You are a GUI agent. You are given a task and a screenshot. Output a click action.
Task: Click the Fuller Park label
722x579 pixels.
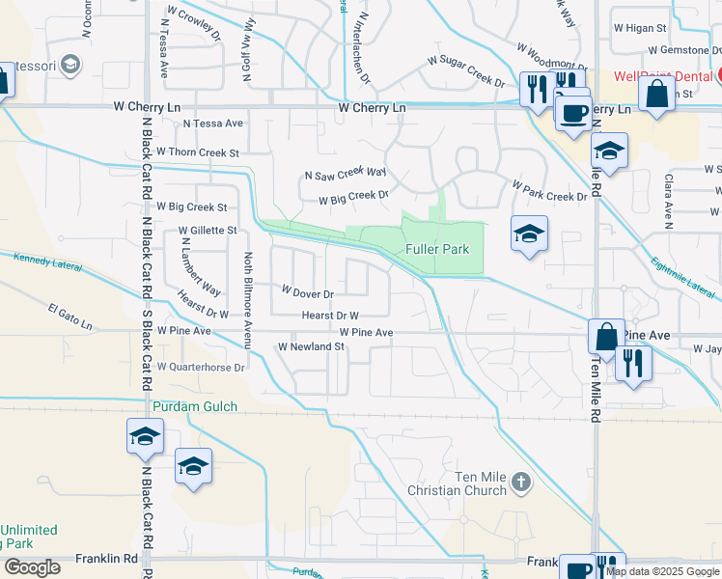tap(437, 249)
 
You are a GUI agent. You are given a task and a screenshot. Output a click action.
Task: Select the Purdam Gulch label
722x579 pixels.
tap(194, 407)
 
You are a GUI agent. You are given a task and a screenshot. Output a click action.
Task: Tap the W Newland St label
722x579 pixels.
tap(311, 346)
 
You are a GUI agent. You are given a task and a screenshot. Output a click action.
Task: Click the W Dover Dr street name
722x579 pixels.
tap(307, 292)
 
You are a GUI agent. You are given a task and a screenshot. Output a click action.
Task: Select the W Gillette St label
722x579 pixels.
tap(207, 231)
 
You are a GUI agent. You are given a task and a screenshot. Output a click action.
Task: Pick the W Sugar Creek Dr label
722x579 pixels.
tap(466, 71)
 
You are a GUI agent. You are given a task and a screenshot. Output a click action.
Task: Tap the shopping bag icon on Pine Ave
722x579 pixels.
tap(606, 337)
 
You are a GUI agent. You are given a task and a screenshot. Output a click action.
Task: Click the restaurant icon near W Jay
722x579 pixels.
tap(633, 363)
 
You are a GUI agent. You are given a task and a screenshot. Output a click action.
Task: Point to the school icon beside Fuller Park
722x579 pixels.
tap(528, 234)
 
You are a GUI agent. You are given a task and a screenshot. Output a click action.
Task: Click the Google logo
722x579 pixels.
tap(32, 567)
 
